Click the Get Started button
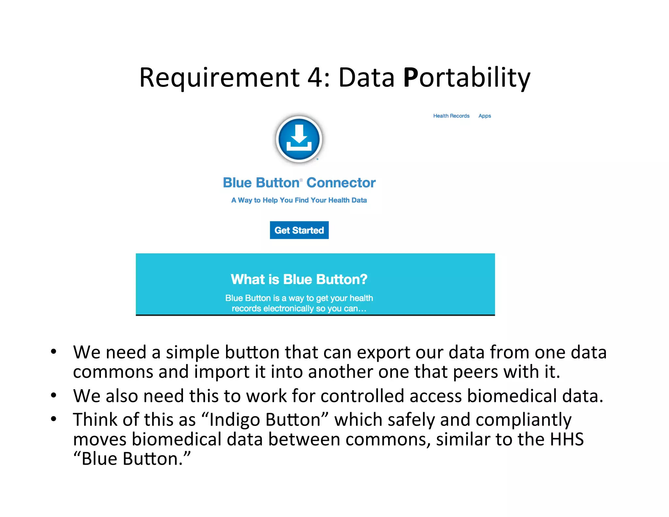pyautogui.click(x=299, y=230)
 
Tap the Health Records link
pyautogui.click(x=451, y=116)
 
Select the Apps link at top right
pyautogui.click(x=484, y=116)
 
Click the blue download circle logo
pyautogui.click(x=299, y=139)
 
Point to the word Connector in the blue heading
pyautogui.click(x=341, y=183)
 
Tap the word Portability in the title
pyautogui.click(x=466, y=78)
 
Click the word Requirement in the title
pyautogui.click(x=219, y=78)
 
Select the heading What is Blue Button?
pyautogui.click(x=299, y=279)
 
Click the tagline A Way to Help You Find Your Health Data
pyautogui.click(x=299, y=200)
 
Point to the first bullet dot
pyautogui.click(x=54, y=352)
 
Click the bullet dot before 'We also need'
pyautogui.click(x=54, y=395)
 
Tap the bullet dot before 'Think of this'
pyautogui.click(x=54, y=419)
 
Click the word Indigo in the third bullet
pyautogui.click(x=234, y=420)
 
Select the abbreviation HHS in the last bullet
pyautogui.click(x=566, y=439)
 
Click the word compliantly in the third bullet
pyautogui.click(x=523, y=420)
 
